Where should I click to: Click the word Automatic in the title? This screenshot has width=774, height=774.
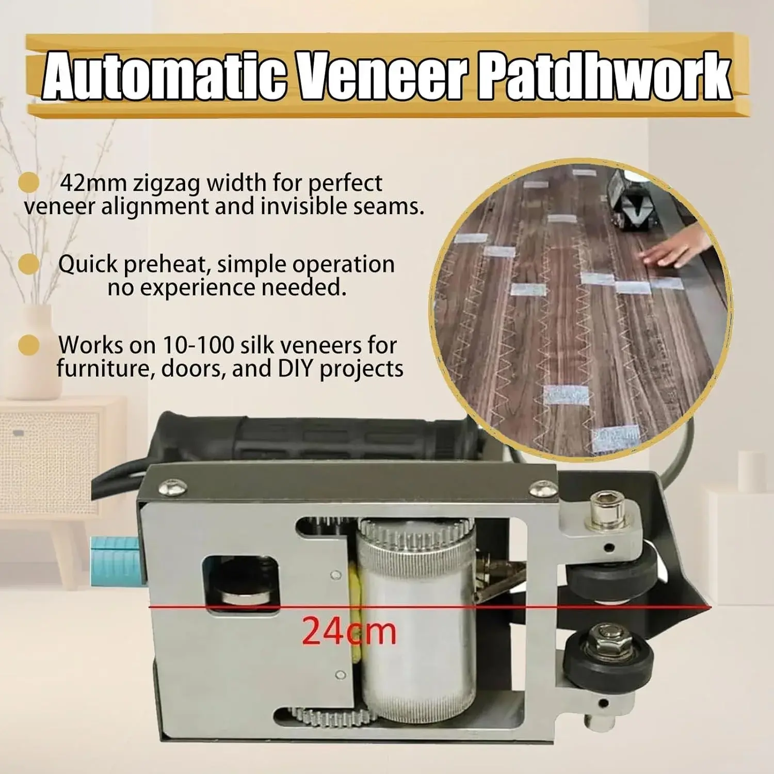click(164, 76)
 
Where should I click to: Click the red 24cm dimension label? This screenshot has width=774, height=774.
click(349, 631)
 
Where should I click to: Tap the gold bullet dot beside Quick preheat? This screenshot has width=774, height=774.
click(29, 264)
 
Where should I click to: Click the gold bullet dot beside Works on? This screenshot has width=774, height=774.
click(29, 345)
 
